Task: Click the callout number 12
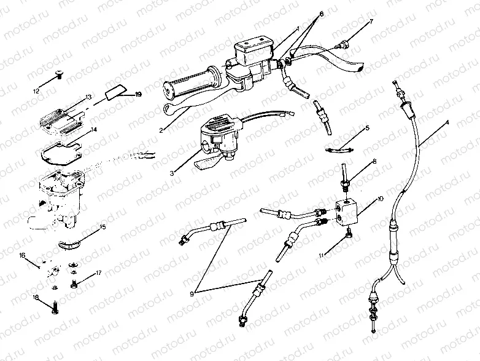click(37, 90)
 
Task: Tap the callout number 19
click(138, 95)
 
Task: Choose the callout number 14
click(94, 130)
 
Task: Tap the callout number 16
click(22, 254)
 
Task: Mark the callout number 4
click(447, 122)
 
